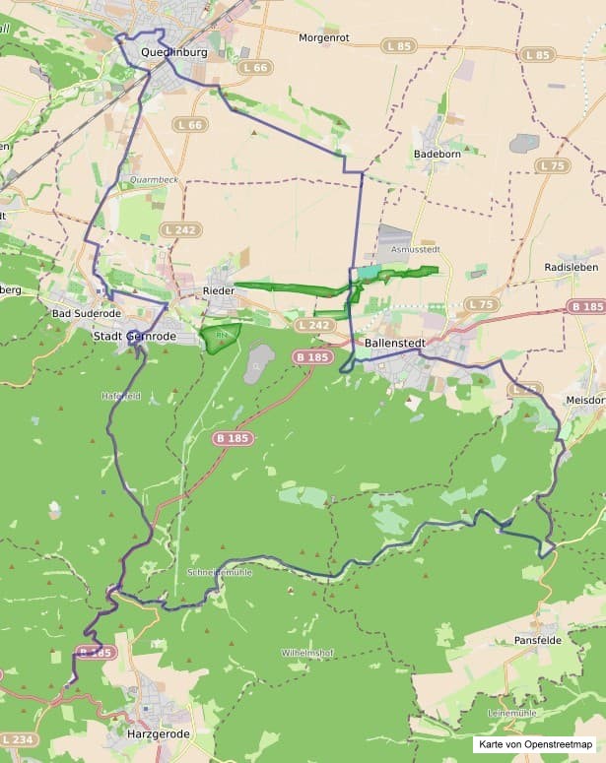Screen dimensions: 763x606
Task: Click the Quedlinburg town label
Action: (x=173, y=52)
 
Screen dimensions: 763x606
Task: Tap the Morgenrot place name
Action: (x=325, y=37)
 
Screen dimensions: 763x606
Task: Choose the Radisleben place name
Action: (x=572, y=268)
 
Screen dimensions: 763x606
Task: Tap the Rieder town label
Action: (x=218, y=290)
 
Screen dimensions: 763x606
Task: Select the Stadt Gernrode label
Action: (x=134, y=336)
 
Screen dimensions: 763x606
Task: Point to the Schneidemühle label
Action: (x=219, y=572)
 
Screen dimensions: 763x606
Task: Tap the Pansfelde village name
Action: (x=539, y=640)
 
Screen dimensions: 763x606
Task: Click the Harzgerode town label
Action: (x=158, y=733)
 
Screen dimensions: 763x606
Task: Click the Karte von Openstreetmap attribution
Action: (x=536, y=745)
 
